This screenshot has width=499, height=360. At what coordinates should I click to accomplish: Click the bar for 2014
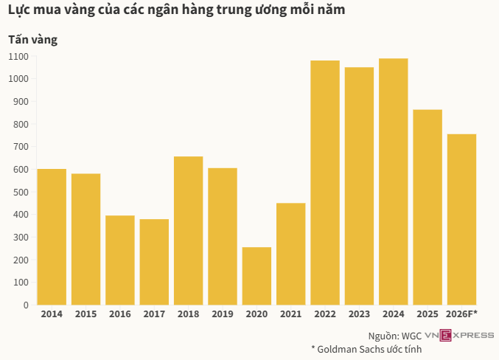(x=52, y=237)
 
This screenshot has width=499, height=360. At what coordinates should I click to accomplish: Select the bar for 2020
(x=257, y=276)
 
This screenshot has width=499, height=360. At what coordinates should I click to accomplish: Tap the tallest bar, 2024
(x=394, y=181)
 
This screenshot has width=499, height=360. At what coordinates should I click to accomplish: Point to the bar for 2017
(x=154, y=262)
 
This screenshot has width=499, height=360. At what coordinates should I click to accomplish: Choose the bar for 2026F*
(x=461, y=219)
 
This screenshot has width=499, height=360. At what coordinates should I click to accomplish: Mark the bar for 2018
(x=189, y=230)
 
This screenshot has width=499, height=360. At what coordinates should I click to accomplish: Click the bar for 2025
(x=428, y=207)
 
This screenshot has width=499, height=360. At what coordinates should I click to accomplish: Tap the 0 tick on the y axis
(x=26, y=305)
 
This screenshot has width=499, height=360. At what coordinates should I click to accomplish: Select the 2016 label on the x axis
(x=120, y=315)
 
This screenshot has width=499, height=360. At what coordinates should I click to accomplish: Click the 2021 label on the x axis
(x=290, y=315)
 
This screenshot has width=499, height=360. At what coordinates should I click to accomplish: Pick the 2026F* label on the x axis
(x=462, y=315)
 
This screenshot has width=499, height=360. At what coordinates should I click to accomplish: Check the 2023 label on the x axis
(x=359, y=315)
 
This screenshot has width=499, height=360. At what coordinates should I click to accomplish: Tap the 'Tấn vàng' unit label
(x=32, y=39)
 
